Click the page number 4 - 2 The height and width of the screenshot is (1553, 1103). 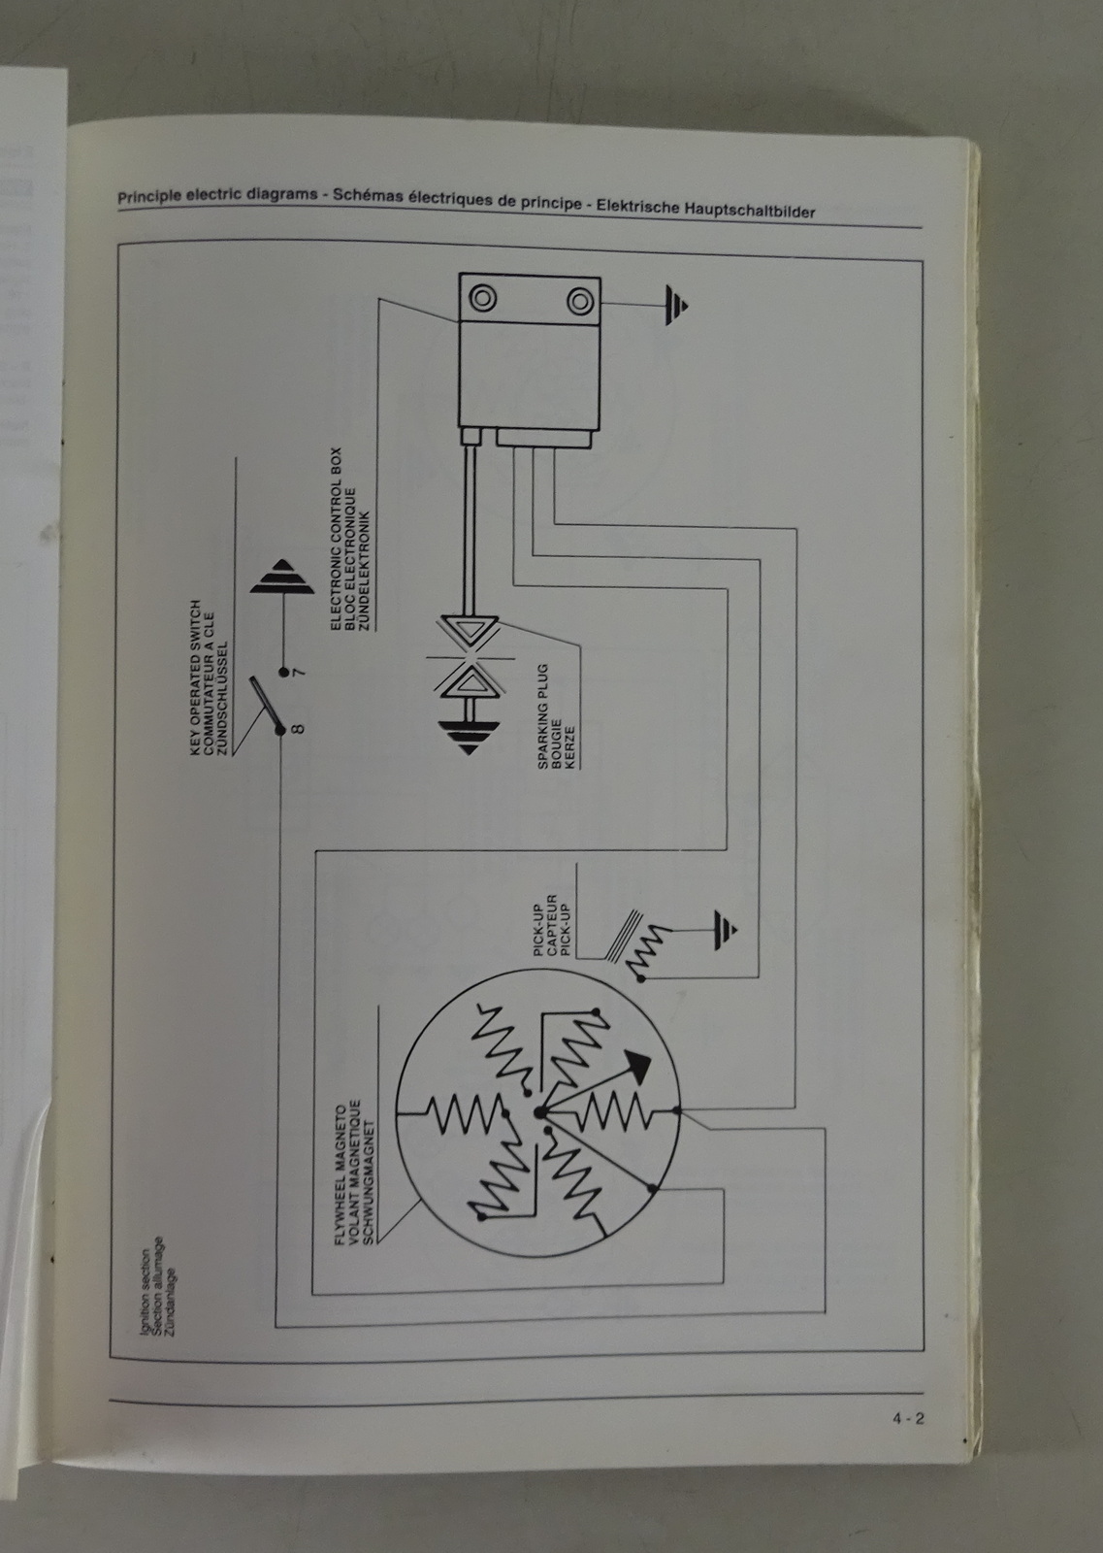pyautogui.click(x=908, y=1418)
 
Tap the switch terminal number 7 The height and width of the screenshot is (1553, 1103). pyautogui.click(x=300, y=673)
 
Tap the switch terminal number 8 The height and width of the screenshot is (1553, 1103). pyautogui.click(x=298, y=729)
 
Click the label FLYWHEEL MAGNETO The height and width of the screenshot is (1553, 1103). pyautogui.click(x=341, y=1175)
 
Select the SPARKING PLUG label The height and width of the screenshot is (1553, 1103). pyautogui.click(x=542, y=716)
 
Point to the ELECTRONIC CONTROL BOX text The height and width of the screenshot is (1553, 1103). pyautogui.click(x=336, y=539)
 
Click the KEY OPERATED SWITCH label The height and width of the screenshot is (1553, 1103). pyautogui.click(x=195, y=678)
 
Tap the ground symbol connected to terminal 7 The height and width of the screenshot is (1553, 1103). pyautogui.click(x=282, y=577)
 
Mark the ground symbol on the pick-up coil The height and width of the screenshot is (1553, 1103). pyautogui.click(x=726, y=930)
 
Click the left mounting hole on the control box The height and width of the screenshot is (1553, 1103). pyautogui.click(x=482, y=298)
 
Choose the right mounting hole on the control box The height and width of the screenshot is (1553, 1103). pyautogui.click(x=580, y=301)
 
